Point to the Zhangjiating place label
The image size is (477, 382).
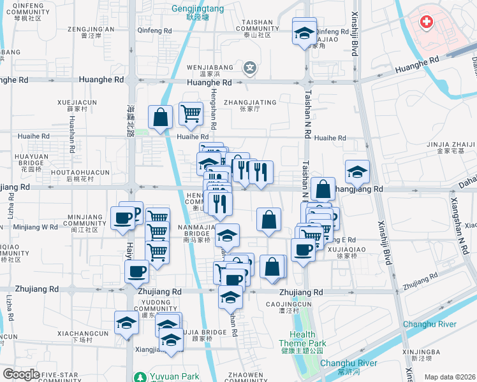251,102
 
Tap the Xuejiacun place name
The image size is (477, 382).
77,103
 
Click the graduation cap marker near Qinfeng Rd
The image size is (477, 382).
304,31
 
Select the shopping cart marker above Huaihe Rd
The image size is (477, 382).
191,113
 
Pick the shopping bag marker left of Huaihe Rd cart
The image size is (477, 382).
160,117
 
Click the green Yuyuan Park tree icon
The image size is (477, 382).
139,377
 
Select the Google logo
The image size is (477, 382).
20,375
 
